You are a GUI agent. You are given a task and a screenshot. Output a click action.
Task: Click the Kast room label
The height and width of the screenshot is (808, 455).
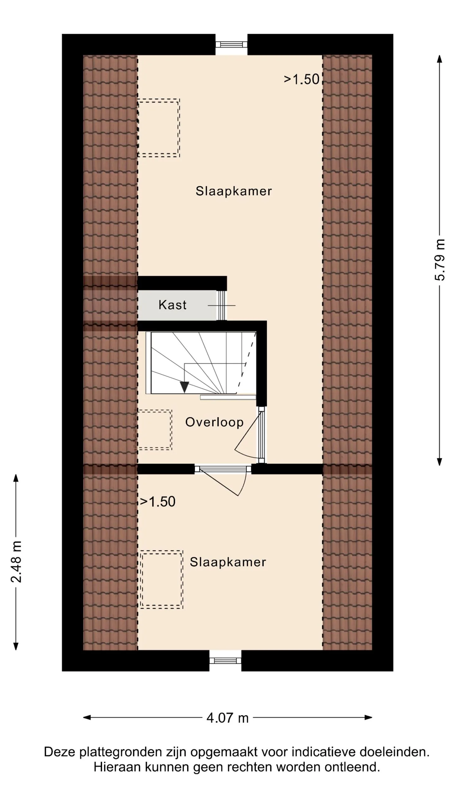click(x=172, y=305)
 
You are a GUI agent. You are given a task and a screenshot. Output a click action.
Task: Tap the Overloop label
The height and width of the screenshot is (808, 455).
click(x=214, y=422)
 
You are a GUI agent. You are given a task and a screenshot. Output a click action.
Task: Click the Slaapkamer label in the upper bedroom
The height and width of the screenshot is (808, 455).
click(x=234, y=191)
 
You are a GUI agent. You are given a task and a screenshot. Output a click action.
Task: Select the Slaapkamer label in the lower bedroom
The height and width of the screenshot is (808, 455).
click(x=228, y=562)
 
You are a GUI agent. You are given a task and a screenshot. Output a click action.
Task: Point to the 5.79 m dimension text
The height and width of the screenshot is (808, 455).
click(x=440, y=259)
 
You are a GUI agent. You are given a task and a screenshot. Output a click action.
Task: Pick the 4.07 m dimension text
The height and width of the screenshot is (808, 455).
click(x=227, y=718)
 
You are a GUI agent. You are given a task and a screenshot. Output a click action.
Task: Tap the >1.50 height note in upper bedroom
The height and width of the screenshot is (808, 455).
click(x=302, y=79)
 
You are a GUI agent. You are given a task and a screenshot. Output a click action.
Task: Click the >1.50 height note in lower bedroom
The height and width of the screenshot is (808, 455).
click(x=158, y=502)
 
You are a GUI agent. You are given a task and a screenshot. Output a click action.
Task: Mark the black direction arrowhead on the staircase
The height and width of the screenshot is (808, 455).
click(x=184, y=387)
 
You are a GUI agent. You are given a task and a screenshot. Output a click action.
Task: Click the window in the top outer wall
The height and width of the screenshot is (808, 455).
click(x=231, y=44)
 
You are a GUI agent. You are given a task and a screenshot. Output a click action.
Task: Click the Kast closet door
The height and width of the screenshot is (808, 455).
click(x=221, y=305)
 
